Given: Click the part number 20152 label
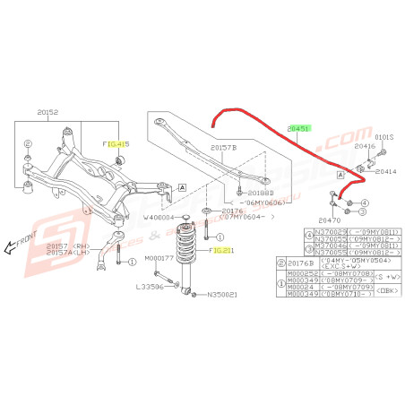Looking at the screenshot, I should pyautogui.click(x=47, y=113).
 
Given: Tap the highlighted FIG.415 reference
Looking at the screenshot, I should pyautogui.click(x=116, y=143).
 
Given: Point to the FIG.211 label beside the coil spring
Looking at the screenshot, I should pyautogui.click(x=221, y=251).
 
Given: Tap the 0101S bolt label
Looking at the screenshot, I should pyautogui.click(x=383, y=138).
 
